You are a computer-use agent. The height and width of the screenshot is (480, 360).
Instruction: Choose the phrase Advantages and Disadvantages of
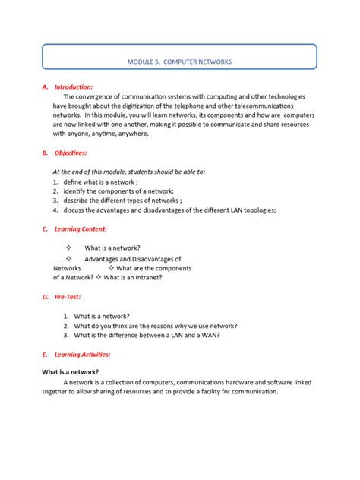click(x=133, y=259)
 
